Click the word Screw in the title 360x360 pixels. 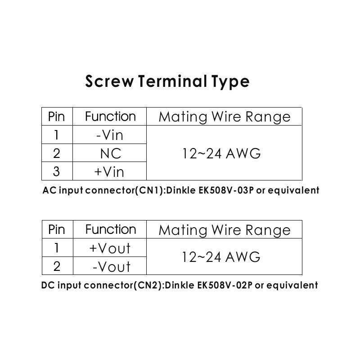click(x=109, y=81)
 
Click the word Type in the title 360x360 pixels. click(x=230, y=81)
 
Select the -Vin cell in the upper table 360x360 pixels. click(x=110, y=135)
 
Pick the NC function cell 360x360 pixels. click(x=110, y=153)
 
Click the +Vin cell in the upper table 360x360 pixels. click(x=109, y=172)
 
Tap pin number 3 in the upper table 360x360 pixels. click(x=56, y=172)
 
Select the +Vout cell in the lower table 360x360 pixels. click(x=110, y=248)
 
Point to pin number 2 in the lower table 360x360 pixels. click(x=56, y=267)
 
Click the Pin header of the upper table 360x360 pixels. click(x=56, y=117)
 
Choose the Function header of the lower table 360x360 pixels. click(x=110, y=229)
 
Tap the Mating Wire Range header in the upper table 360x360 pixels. click(x=224, y=117)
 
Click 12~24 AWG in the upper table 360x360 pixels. click(x=221, y=153)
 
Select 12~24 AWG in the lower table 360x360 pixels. click(x=221, y=257)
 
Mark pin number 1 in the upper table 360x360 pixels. click(x=56, y=135)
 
